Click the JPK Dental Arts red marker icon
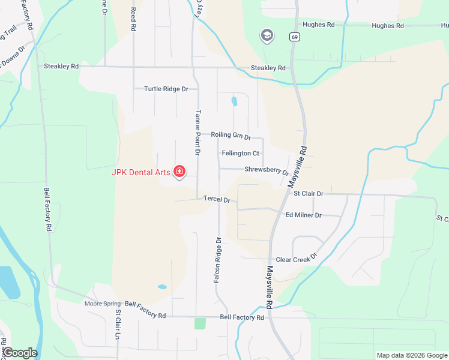tap(179, 172)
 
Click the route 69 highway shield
tap(294, 37)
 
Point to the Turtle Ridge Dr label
tap(166, 89)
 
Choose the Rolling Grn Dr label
tap(231, 136)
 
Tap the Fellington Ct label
tap(240, 154)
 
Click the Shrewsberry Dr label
tap(267, 170)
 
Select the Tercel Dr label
tap(217, 199)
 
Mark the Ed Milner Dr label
tap(304, 215)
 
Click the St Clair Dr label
tap(308, 194)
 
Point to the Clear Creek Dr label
tap(296, 260)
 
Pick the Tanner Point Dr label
tap(197, 133)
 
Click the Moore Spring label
tap(103, 304)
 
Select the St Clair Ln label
tap(119, 325)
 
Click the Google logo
tap(20, 353)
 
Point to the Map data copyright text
tap(411, 355)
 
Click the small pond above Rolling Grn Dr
tap(234, 101)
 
